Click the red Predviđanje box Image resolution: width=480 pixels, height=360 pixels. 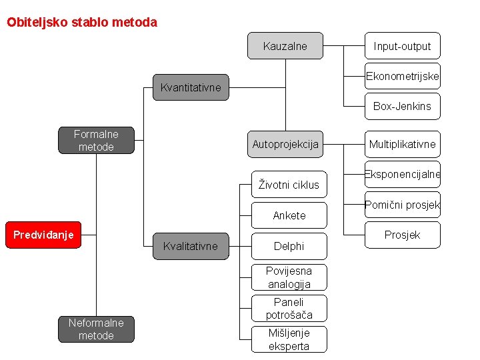tap(43, 235)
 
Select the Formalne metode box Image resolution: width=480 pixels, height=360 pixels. tap(96, 141)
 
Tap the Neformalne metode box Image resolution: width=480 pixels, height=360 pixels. tap(96, 329)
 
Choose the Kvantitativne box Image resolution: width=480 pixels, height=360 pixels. tap(191, 87)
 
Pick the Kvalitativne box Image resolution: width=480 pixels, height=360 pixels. tap(191, 246)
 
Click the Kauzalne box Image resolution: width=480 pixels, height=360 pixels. tap(285, 46)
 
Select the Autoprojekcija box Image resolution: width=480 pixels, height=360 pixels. tap(285, 144)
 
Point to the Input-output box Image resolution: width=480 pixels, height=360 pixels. tap(402, 46)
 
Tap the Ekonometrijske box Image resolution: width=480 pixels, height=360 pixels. tap(402, 77)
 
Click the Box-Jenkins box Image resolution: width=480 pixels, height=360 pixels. tap(402, 106)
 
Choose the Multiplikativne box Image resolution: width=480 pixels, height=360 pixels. tap(402, 144)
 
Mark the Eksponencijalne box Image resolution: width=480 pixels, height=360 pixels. tap(402, 175)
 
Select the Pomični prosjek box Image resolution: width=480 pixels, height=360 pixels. tap(402, 205)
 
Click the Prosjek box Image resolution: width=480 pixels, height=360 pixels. tap(402, 235)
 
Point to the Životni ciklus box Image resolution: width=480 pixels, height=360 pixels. tap(289, 185)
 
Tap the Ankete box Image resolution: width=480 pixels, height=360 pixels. tap(289, 215)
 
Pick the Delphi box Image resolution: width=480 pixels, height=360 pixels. tap(289, 246)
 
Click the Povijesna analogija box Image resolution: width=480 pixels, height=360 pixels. tap(289, 277)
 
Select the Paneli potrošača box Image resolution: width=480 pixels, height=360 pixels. tap(289, 308)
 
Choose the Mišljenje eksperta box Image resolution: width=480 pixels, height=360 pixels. tap(289, 339)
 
